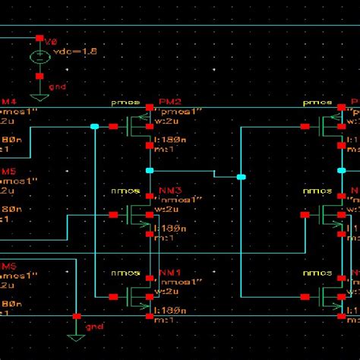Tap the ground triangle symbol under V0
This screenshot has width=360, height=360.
point(39,86)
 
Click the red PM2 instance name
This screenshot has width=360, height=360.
point(170,101)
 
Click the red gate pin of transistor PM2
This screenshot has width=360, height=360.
point(113,126)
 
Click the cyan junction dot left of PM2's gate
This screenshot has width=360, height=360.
point(94,126)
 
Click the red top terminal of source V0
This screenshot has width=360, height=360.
point(39,36)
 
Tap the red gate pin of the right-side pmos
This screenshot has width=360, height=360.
point(304,126)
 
